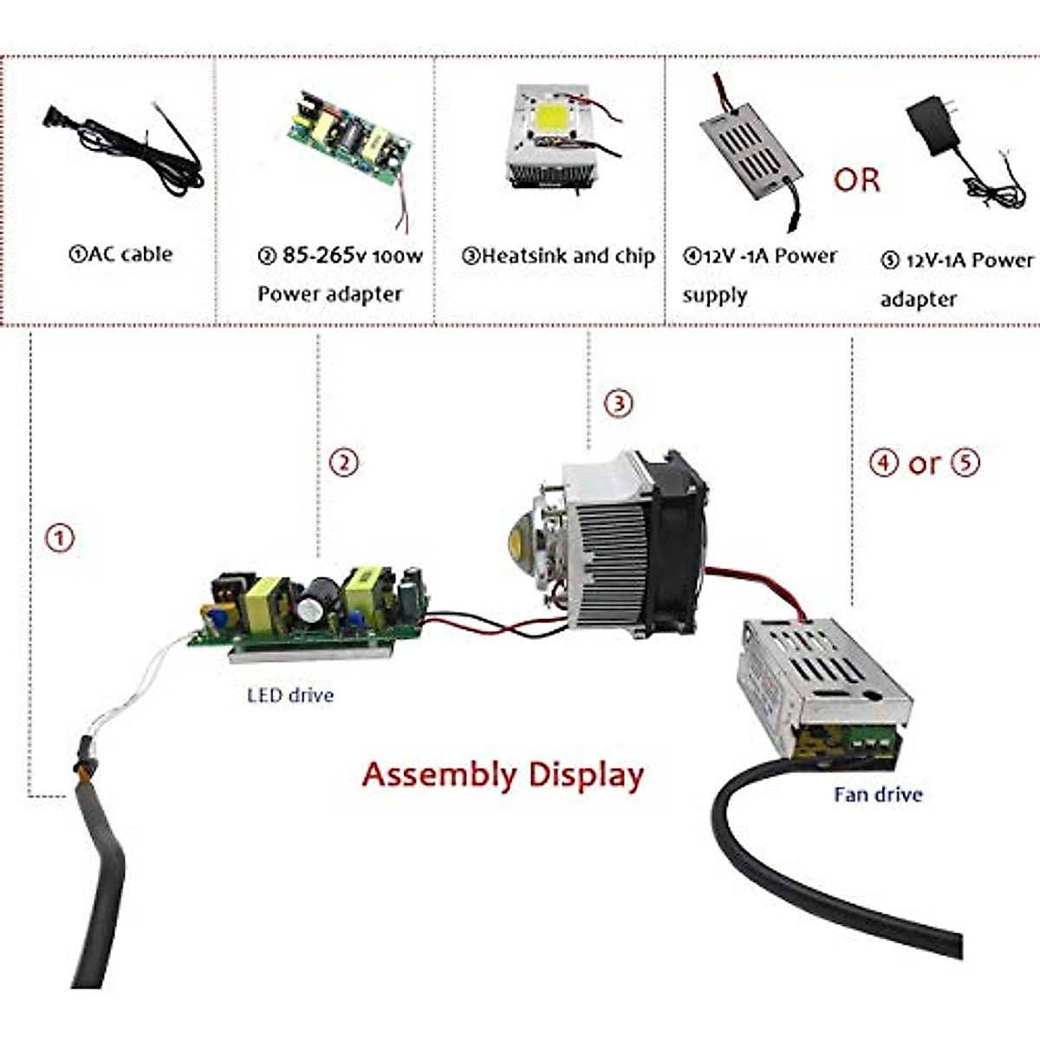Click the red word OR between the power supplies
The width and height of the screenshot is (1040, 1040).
click(856, 179)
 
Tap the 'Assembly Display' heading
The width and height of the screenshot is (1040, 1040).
click(503, 774)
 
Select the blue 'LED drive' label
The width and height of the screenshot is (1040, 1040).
click(290, 694)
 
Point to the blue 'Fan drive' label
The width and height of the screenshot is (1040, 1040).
click(878, 794)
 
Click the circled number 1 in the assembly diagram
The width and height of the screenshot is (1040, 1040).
click(60, 538)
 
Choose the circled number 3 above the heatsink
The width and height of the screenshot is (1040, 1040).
click(618, 403)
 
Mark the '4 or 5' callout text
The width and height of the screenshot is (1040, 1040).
click(925, 463)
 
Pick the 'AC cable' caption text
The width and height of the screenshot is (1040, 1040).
click(120, 254)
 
